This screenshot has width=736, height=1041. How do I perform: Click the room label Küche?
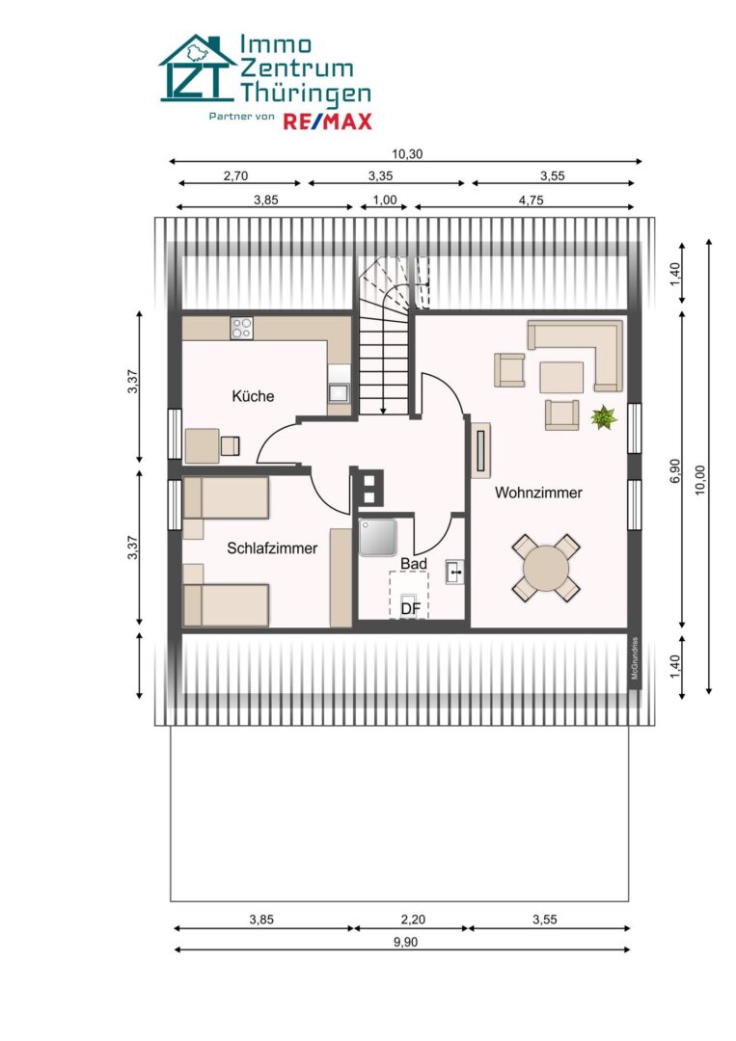click(x=253, y=396)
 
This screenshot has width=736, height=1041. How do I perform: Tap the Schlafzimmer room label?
click(x=272, y=548)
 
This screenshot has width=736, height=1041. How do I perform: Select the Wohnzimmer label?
click(x=538, y=493)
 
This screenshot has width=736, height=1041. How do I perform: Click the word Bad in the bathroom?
click(x=413, y=562)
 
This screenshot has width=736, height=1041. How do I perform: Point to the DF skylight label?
click(x=411, y=608)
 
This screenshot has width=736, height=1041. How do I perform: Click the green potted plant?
click(x=604, y=418)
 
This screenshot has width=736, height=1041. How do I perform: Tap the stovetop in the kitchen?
click(x=241, y=328)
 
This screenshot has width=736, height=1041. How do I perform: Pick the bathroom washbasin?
click(x=455, y=574)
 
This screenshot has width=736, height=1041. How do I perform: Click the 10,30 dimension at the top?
click(x=406, y=153)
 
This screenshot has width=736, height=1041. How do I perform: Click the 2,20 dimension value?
click(x=411, y=920)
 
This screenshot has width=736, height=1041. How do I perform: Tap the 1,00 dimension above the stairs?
click(x=384, y=200)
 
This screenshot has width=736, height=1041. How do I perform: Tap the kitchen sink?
click(x=339, y=392)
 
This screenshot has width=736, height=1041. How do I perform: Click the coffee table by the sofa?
click(x=561, y=376)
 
